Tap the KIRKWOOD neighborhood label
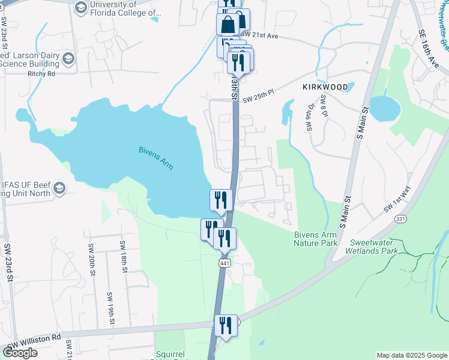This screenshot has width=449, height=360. tap(325, 87)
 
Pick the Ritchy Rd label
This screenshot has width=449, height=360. tap(41, 74)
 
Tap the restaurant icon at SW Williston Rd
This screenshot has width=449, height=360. tap(226, 325)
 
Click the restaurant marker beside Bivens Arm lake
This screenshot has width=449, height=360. tap(220, 200)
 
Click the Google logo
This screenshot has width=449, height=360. tap(20, 353)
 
